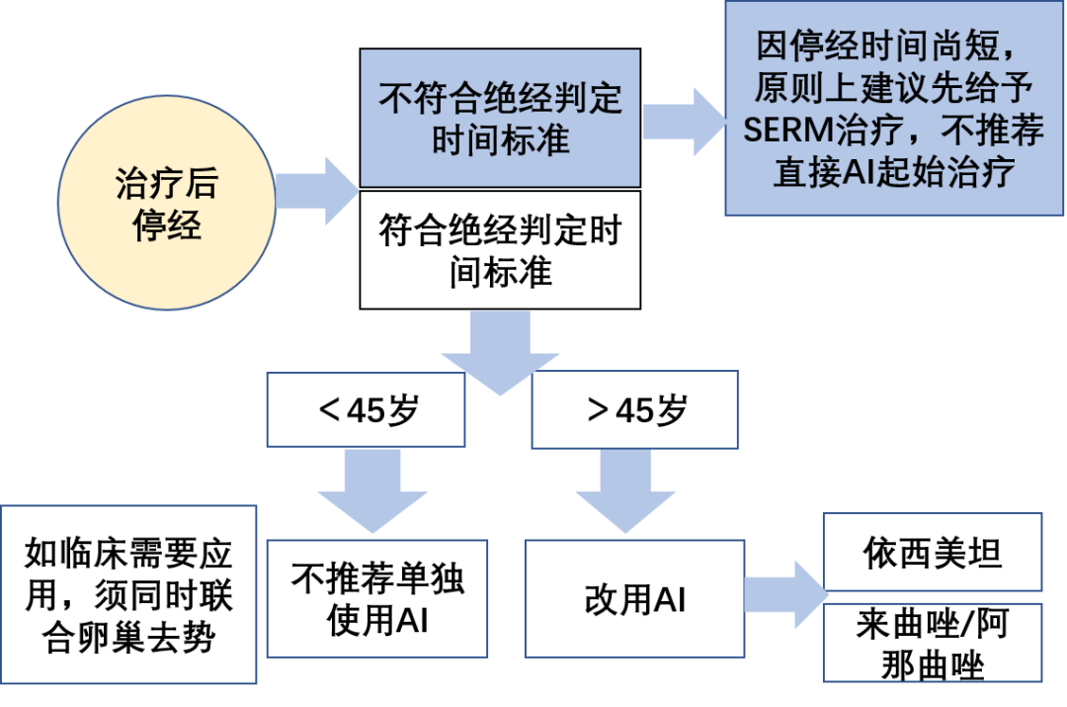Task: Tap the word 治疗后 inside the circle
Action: (x=166, y=186)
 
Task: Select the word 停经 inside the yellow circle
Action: (x=166, y=226)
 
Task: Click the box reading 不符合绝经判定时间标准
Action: (x=500, y=119)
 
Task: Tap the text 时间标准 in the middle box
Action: (x=501, y=139)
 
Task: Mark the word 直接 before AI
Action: (x=807, y=173)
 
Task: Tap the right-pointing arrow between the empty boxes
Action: (x=784, y=594)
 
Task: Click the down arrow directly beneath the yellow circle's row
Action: (x=500, y=352)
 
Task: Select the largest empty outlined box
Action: (x=128, y=594)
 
